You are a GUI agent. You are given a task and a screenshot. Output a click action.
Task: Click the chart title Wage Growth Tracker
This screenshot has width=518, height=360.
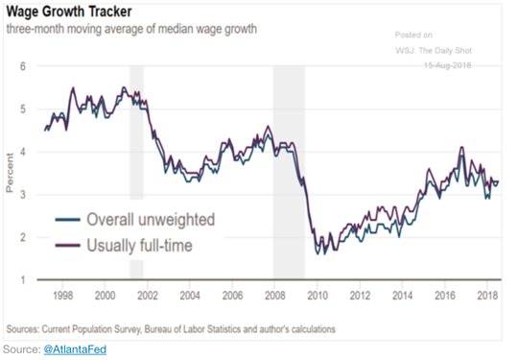click(69, 12)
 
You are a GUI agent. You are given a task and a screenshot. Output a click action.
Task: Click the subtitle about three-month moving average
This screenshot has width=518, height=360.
click(131, 29)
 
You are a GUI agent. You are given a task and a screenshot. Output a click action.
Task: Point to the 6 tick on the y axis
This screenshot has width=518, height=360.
click(22, 66)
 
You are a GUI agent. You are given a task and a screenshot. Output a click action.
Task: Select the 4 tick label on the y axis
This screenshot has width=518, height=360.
click(22, 152)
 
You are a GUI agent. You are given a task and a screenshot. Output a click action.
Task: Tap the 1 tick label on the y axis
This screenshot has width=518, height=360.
click(23, 279)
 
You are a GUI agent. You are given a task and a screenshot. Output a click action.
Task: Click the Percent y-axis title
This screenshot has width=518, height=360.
click(10, 173)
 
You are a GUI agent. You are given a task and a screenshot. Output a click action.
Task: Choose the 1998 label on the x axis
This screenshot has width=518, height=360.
click(62, 296)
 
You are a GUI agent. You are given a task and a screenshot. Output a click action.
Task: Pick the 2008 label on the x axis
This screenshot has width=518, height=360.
click(275, 296)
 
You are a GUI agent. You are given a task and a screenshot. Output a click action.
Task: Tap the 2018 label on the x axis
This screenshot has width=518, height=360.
click(487, 296)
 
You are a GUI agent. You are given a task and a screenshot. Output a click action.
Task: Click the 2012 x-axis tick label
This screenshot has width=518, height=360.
click(360, 296)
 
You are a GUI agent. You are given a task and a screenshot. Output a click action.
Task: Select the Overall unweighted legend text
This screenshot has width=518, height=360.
click(151, 220)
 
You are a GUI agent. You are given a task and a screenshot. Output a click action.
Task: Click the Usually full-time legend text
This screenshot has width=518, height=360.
click(139, 246)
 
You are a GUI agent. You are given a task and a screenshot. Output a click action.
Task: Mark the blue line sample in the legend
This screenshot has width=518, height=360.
click(68, 220)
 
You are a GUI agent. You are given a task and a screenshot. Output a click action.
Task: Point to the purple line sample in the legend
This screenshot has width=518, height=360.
click(68, 246)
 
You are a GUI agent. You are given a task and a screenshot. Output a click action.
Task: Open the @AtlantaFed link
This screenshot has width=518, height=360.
click(75, 349)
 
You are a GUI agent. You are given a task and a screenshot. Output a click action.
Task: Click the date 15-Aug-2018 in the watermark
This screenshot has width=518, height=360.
click(448, 65)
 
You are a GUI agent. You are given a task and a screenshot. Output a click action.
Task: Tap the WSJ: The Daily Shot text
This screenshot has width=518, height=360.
click(434, 51)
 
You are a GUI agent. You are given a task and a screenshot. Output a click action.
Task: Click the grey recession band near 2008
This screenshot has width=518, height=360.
click(289, 172)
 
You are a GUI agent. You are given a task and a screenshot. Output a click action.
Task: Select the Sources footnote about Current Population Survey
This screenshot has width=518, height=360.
click(171, 329)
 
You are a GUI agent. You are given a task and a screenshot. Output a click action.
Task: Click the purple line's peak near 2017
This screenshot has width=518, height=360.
click(461, 147)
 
